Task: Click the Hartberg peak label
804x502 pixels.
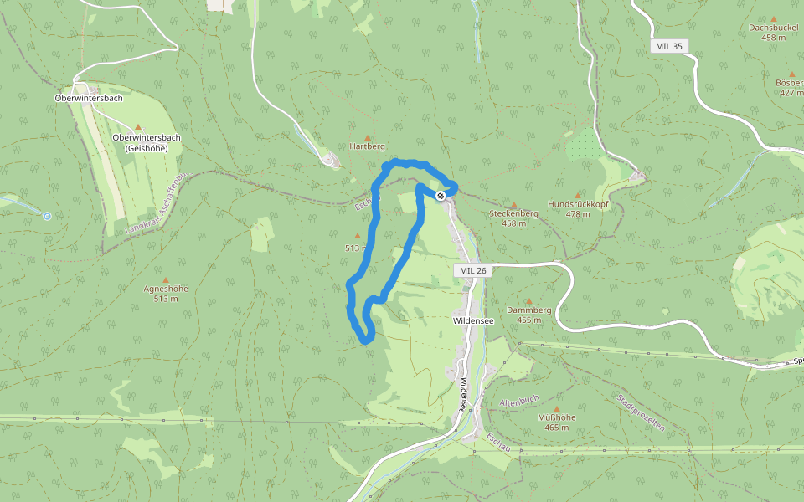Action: coord(368,146)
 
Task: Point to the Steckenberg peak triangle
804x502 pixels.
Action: coord(513,204)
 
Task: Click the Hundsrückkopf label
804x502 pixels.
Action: coord(577,204)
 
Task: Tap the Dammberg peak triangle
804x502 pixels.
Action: coord(529,301)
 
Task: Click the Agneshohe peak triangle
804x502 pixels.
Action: coord(165,279)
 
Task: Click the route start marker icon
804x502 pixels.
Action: coord(441,195)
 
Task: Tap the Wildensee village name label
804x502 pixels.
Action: coord(473,320)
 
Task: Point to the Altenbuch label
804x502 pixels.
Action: coord(519,401)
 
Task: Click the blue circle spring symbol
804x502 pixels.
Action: coord(47,216)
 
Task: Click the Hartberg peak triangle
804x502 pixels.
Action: coord(367,136)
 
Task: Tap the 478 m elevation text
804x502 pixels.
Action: coord(578,214)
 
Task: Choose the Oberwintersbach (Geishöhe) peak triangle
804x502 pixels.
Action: coord(138,127)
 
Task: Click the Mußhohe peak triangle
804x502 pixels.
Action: coord(555,407)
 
